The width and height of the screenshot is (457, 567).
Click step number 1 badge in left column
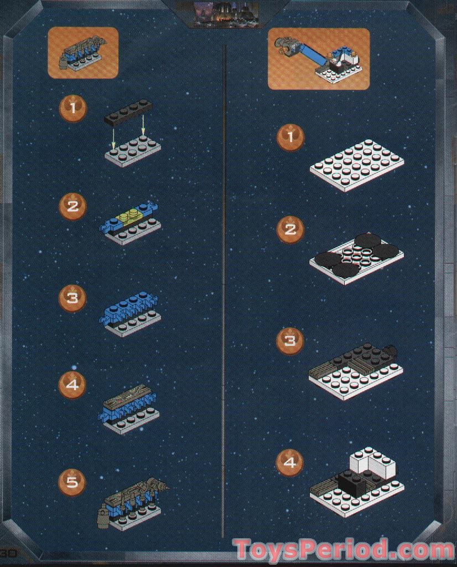(x=72, y=108)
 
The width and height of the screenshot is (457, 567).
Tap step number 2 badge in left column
(x=72, y=206)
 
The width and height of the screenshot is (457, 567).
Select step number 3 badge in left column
(x=72, y=298)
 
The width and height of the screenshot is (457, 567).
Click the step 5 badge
(x=72, y=482)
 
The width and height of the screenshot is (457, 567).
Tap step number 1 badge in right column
(x=290, y=136)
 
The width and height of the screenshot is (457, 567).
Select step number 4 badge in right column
(x=290, y=462)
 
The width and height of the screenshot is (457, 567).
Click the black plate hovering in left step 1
(x=128, y=111)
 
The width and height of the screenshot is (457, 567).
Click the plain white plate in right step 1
(x=357, y=166)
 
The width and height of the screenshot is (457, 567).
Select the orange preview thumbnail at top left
(x=83, y=53)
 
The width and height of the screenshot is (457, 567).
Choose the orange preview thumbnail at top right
(x=318, y=59)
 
